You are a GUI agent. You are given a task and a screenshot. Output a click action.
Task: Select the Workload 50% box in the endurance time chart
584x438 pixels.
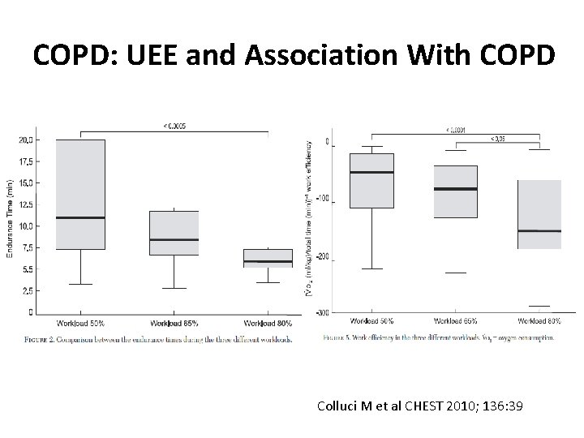coord(80,195)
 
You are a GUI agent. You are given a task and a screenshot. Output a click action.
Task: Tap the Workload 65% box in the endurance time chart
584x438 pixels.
coord(174,233)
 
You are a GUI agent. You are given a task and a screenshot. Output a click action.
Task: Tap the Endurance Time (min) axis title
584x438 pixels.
coord(11,219)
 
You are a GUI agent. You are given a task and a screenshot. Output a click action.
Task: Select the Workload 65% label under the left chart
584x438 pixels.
coord(174,323)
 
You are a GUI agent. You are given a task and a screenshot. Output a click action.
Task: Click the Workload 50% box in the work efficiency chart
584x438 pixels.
coord(372,180)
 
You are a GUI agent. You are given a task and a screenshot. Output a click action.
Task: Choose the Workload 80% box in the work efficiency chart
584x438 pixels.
coord(539,214)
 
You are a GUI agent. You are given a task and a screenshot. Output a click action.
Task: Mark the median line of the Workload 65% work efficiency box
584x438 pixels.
coord(455,189)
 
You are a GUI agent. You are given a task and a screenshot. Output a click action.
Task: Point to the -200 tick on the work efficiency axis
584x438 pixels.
coord(324,257)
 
